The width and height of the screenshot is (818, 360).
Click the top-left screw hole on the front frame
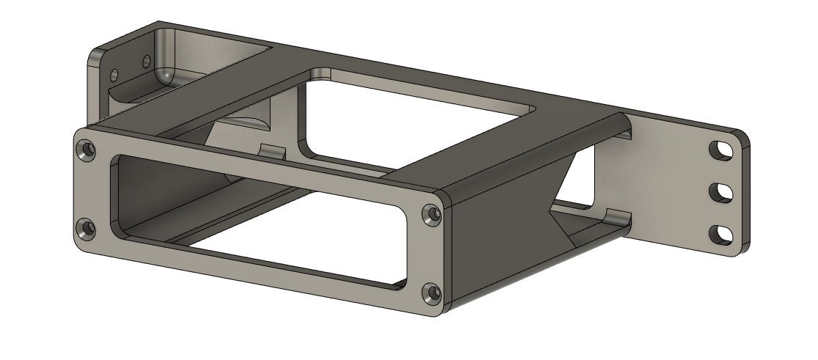(88, 150)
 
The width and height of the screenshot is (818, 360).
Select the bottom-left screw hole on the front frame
(87, 229)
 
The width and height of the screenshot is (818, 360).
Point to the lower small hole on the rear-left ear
(114, 75)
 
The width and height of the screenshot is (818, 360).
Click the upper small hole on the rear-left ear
(145, 59)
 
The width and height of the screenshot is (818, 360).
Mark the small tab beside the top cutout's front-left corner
(274, 151)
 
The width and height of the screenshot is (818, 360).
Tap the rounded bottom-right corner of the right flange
(741, 251)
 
